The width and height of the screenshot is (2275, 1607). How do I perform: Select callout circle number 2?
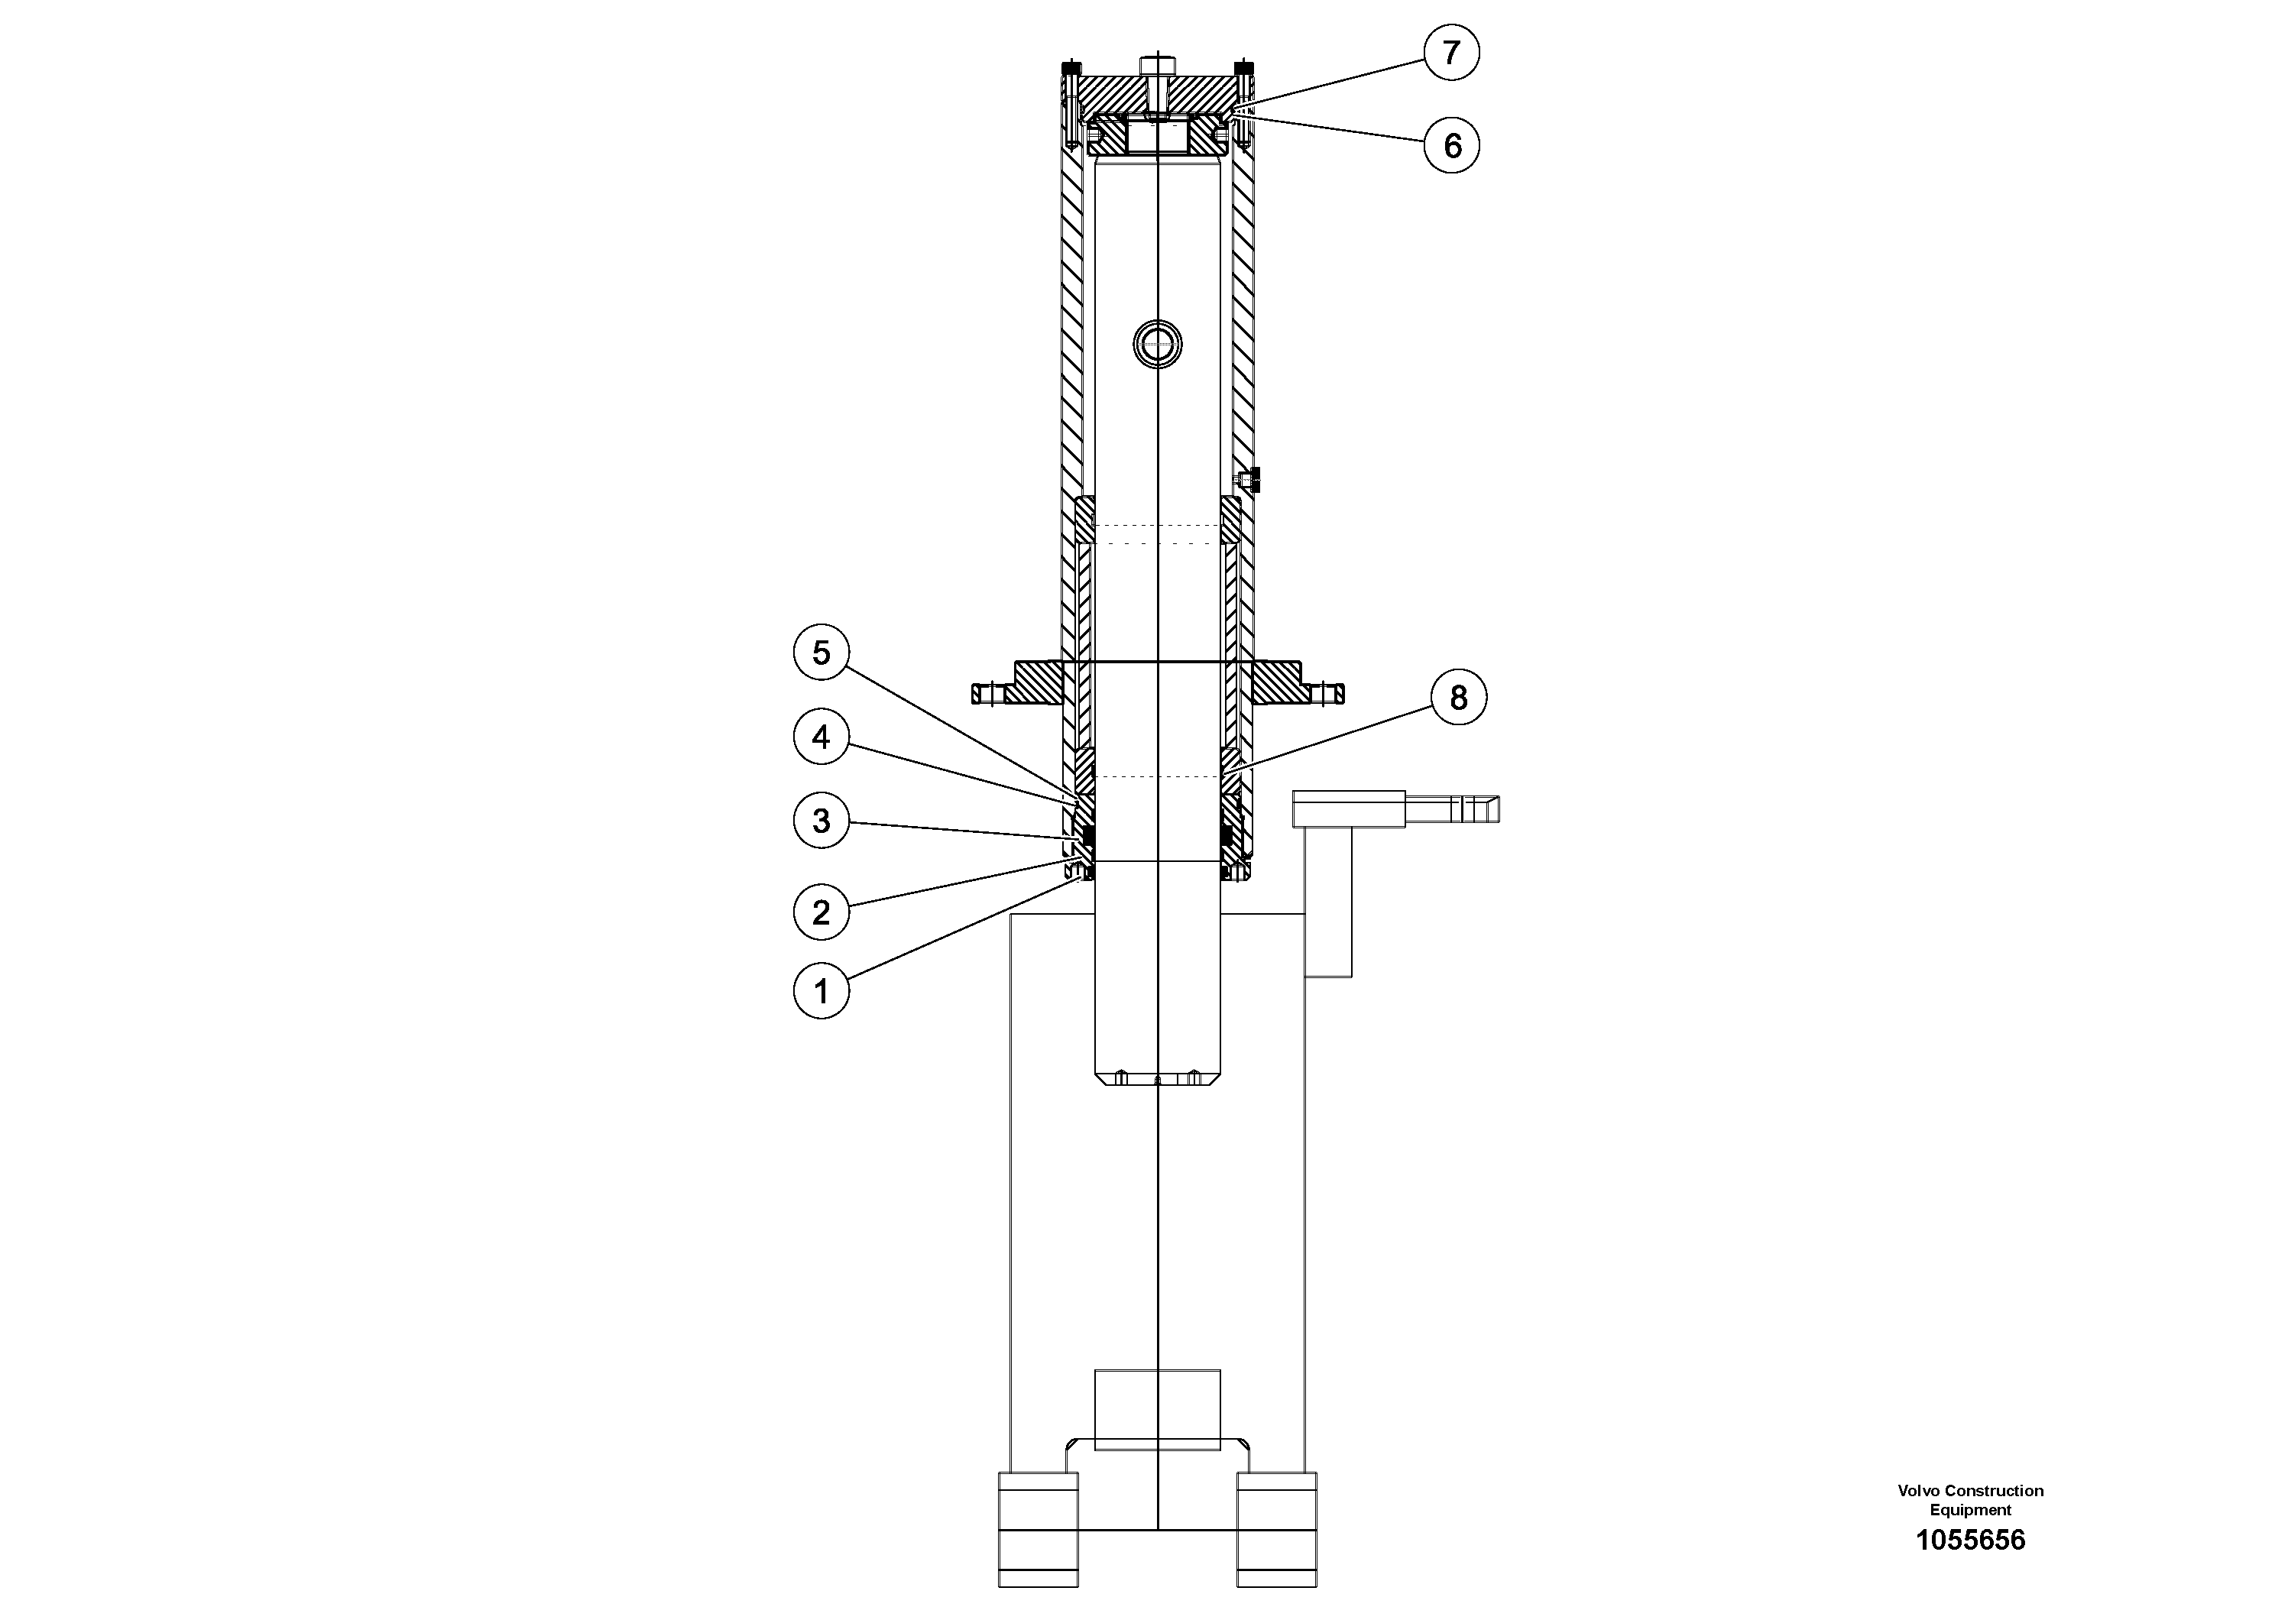(x=822, y=912)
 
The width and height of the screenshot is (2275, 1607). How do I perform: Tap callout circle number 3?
(x=822, y=821)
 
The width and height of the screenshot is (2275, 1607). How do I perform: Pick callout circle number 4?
(x=822, y=737)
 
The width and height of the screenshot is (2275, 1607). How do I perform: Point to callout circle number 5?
(x=822, y=653)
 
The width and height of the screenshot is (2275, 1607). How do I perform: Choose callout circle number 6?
(x=1452, y=146)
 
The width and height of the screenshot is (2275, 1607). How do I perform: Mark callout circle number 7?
(x=1452, y=53)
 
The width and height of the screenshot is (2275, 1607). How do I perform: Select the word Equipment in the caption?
(x=1970, y=1510)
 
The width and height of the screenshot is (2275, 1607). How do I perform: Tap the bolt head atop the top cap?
(x=1157, y=66)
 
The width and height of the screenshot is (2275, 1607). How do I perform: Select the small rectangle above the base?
(x=1157, y=1410)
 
